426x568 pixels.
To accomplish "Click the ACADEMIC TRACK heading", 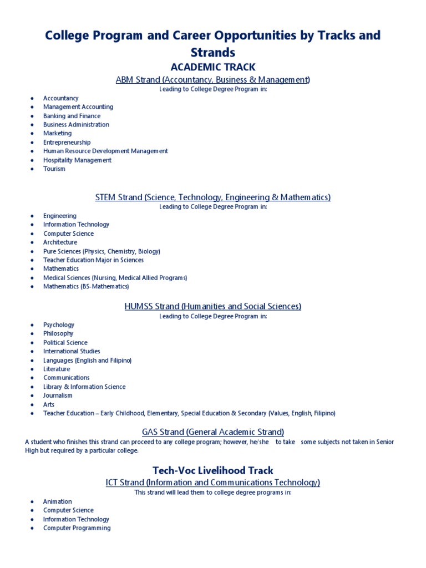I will (x=213, y=67).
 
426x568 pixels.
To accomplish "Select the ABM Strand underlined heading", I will (x=213, y=80).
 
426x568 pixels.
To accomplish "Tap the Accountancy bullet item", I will (x=61, y=98).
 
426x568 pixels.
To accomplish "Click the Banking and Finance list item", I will (x=72, y=116).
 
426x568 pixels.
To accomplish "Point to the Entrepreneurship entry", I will (x=67, y=143).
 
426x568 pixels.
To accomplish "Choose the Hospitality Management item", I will (x=78, y=160).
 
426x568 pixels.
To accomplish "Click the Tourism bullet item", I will (x=54, y=169).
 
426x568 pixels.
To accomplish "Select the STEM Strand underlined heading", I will (x=213, y=197).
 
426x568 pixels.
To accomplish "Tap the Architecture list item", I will (x=60, y=242).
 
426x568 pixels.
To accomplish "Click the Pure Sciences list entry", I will (x=102, y=251).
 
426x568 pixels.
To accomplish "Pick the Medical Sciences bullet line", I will (x=115, y=278).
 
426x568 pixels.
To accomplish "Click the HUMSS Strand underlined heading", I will (x=213, y=306).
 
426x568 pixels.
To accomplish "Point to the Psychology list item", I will (x=59, y=325).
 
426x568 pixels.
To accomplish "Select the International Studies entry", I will (x=72, y=351).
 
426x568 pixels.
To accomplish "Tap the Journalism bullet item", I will (x=58, y=395).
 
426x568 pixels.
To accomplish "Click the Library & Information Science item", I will (x=84, y=387).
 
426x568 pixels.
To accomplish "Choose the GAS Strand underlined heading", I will (x=213, y=432).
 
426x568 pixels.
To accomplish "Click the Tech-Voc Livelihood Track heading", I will (x=213, y=470).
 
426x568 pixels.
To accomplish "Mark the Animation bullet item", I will (x=58, y=501).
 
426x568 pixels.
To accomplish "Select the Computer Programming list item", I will (x=77, y=528).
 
